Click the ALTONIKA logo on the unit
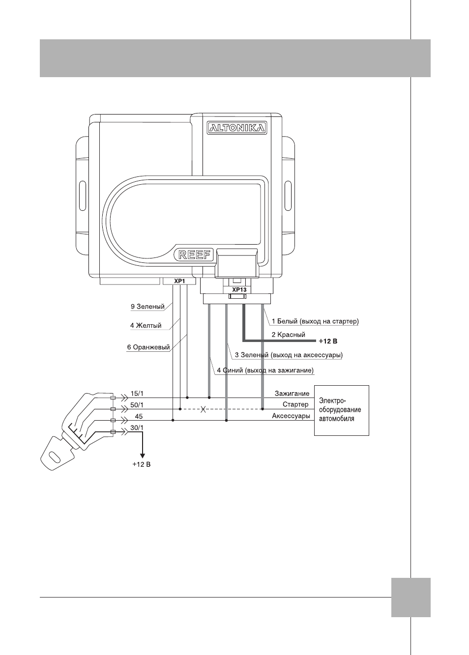(236, 128)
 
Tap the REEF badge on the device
(194, 255)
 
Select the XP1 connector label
(179, 281)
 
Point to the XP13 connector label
(239, 290)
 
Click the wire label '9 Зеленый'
(147, 307)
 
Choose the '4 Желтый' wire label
(146, 325)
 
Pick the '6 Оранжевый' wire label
(148, 347)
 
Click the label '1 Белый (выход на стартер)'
(315, 321)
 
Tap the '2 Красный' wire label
(288, 335)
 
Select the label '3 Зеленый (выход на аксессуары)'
(289, 355)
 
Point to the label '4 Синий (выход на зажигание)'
(265, 370)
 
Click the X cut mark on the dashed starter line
(203, 409)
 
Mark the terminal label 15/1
(137, 393)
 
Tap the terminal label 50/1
(137, 405)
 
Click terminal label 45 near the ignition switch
(139, 416)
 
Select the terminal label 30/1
(137, 427)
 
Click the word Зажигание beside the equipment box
(292, 394)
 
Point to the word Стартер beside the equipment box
(295, 405)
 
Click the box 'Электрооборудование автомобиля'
(342, 411)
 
